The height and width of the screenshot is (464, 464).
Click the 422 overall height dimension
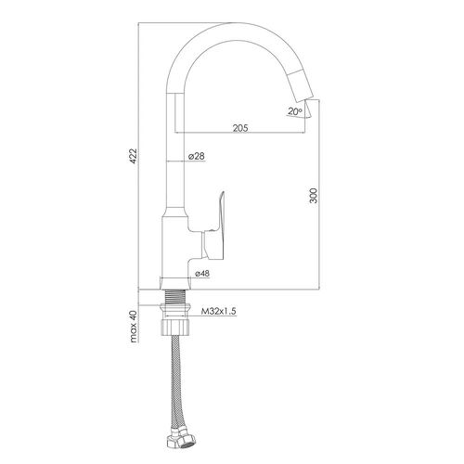coord(133,156)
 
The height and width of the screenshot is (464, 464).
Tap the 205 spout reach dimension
coord(240,128)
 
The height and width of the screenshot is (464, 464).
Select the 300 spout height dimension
coord(314,195)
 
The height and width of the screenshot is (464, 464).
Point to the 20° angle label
coord(295,111)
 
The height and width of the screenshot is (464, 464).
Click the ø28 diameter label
coord(197,156)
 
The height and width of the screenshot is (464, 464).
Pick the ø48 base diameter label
coord(202,274)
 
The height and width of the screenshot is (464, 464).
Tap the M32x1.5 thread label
coord(219,311)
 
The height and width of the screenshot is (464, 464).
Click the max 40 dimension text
coord(134,327)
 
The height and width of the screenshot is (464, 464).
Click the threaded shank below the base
coord(175,297)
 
